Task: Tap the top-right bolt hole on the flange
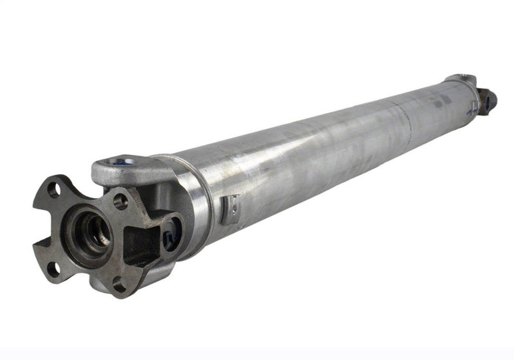tap(120, 201)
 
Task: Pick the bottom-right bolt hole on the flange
tap(118, 280)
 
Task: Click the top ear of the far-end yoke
tap(460, 79)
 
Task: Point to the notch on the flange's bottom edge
tap(84, 283)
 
